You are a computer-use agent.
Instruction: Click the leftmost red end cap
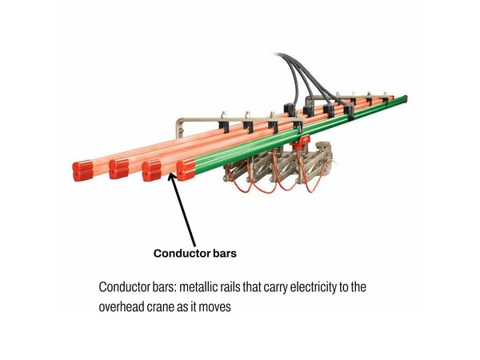[x=82, y=170]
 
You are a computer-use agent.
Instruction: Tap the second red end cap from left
[x=118, y=169]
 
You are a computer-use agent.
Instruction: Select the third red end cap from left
[x=152, y=170]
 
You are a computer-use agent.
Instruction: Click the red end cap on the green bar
[x=186, y=169]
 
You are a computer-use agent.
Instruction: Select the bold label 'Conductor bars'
[x=195, y=254]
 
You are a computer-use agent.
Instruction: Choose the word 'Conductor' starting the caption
[x=124, y=286]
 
